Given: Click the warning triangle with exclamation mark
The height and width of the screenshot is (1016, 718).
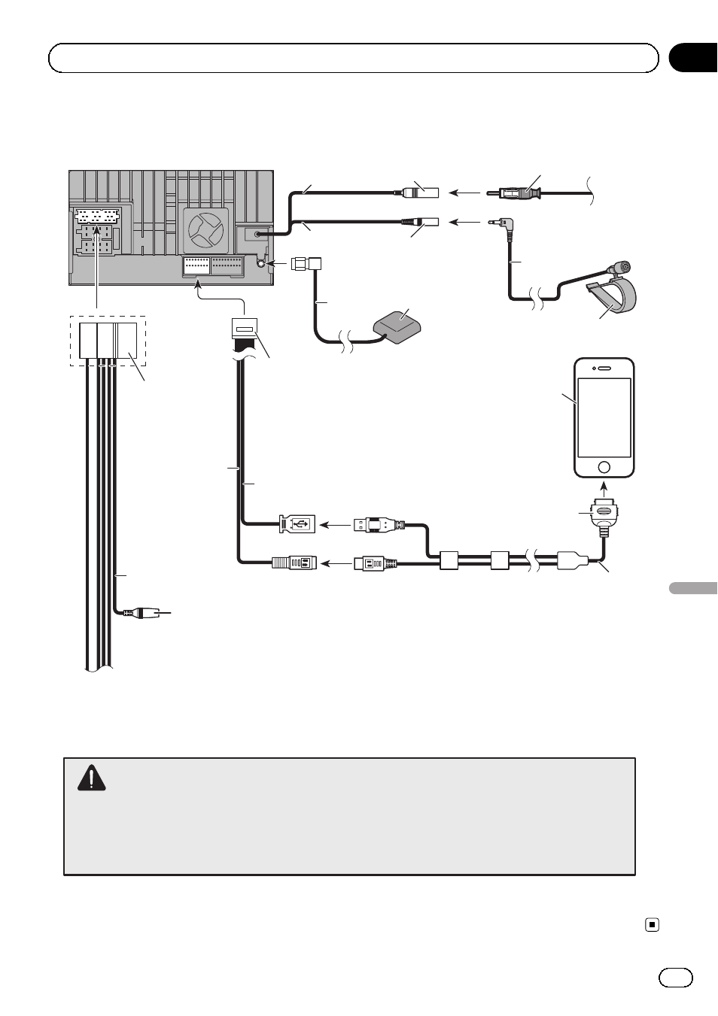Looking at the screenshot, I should tap(91, 778).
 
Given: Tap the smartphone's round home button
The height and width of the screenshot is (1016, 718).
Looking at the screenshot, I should tap(604, 467).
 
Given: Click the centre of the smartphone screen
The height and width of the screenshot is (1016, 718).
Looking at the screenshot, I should tap(604, 417).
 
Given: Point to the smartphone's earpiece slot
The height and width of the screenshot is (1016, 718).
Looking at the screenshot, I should tap(604, 368).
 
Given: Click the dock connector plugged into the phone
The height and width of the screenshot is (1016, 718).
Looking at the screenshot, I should tap(604, 511).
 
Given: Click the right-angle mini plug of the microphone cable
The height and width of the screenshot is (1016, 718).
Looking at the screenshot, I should tap(500, 223).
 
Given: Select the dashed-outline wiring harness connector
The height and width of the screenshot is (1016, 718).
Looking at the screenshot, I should tap(108, 341).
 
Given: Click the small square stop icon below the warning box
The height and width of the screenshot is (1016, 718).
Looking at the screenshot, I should tap(653, 925).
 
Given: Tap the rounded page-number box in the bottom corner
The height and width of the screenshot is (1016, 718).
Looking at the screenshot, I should tap(676, 977).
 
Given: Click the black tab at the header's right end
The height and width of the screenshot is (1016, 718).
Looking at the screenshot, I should tap(693, 58).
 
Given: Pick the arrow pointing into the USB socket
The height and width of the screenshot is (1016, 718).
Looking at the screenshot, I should tap(335, 524).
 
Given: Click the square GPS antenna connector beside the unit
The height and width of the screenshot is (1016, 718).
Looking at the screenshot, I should tap(306, 264).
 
